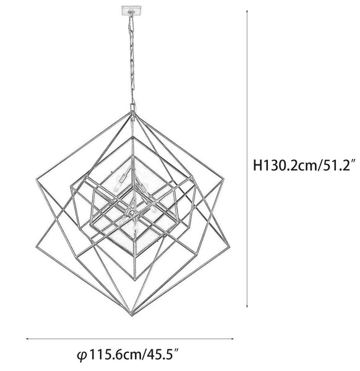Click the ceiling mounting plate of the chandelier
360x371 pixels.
[x=131, y=11]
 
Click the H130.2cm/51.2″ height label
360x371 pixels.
[x=304, y=165]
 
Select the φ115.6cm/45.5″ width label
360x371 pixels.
[x=128, y=355]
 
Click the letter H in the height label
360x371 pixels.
[x=257, y=165]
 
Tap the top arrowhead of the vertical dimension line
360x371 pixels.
[x=247, y=11]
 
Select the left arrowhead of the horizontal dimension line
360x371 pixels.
[x=28, y=339]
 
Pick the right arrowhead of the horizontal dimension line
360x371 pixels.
[x=232, y=339]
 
